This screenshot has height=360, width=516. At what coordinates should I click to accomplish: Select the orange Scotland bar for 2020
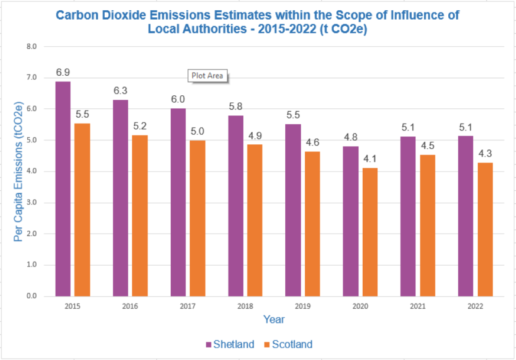370,232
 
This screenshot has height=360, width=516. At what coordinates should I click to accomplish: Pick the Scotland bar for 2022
485,229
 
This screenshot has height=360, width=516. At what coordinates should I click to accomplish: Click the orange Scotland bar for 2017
197,218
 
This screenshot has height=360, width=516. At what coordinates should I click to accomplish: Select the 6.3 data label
120,91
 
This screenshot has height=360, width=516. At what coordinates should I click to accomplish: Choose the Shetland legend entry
229,344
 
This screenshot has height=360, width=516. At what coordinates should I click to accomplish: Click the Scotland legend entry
288,344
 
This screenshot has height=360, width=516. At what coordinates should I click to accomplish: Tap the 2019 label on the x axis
303,307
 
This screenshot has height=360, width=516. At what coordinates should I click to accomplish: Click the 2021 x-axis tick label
418,307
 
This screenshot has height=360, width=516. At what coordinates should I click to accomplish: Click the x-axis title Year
274,319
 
